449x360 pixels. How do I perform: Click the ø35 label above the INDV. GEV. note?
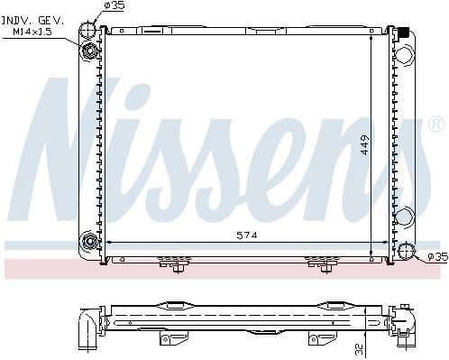(115, 6)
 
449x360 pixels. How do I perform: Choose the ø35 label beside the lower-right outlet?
(437, 257)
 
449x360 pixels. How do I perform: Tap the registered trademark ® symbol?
(435, 124)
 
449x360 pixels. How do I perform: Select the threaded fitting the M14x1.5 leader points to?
(91, 50)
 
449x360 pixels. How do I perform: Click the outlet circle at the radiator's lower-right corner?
(407, 252)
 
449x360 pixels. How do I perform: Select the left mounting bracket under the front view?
(171, 263)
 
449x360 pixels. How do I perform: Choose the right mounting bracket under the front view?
(322, 263)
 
